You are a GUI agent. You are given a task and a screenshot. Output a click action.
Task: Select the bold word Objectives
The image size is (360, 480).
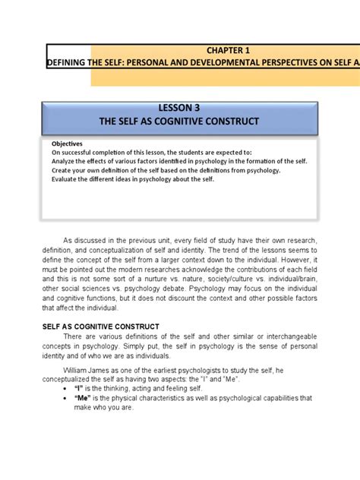67,144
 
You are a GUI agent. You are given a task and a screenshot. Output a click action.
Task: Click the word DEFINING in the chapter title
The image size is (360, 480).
69,63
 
